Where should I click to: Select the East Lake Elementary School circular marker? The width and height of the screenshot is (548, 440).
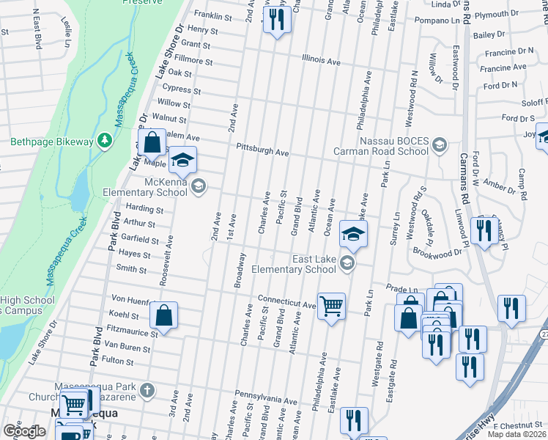[348, 264]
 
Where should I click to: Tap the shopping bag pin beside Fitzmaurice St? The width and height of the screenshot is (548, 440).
[164, 315]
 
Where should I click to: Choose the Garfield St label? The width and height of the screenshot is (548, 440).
[140, 240]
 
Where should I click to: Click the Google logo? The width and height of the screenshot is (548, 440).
[23, 431]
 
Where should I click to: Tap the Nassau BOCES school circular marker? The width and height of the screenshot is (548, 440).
[439, 144]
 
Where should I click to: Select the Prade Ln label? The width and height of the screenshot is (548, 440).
[401, 290]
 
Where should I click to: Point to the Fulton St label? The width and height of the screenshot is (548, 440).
[119, 361]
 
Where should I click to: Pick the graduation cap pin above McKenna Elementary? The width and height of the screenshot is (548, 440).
[184, 160]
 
